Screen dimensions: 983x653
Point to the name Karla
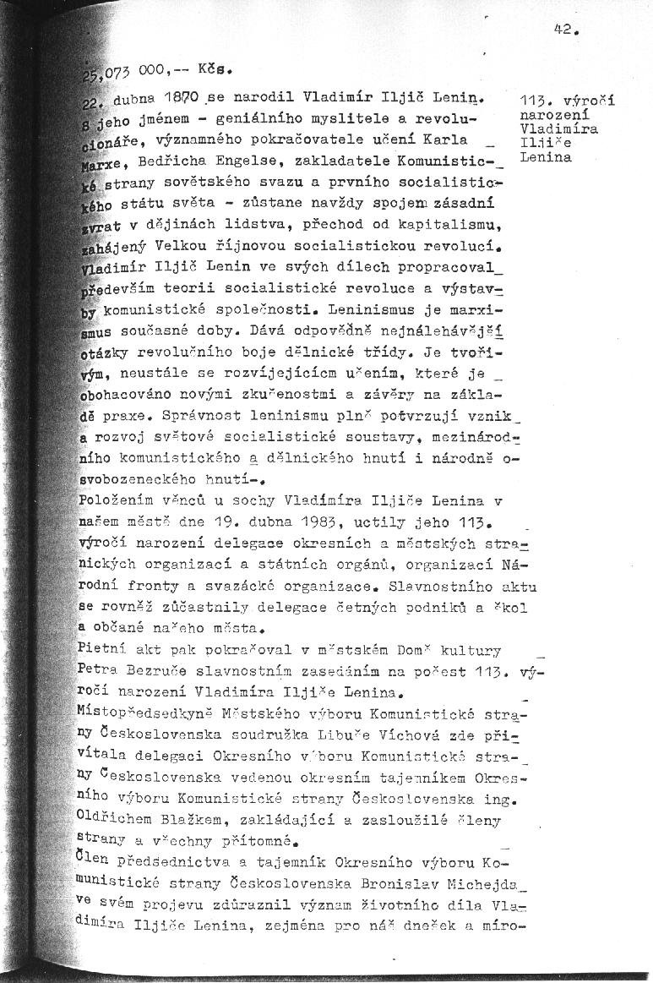(x=459, y=139)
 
